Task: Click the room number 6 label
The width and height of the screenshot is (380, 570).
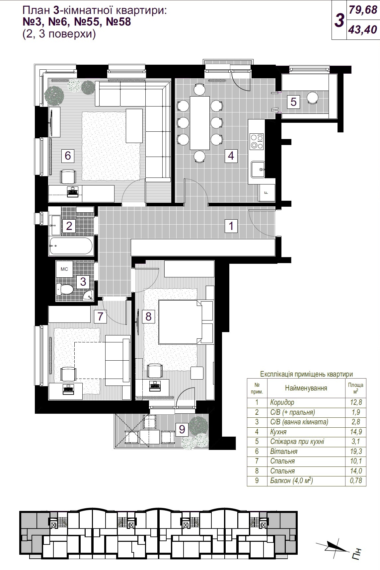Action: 68,155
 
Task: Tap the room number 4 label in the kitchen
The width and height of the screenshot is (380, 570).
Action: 231,155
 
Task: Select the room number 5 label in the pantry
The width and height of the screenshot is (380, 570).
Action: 293,102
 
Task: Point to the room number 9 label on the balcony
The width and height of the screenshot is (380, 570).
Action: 182,429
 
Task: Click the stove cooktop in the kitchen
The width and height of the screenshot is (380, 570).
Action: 257,141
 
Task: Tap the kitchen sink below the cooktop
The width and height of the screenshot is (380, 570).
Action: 258,170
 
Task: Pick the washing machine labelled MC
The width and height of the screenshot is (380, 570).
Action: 64,269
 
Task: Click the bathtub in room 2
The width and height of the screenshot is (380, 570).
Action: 71,246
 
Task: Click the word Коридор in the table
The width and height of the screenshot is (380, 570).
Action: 282,402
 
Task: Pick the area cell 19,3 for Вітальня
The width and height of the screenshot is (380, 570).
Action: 355,451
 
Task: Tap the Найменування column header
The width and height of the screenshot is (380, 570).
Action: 306,388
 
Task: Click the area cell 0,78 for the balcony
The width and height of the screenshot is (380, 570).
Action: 355,480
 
